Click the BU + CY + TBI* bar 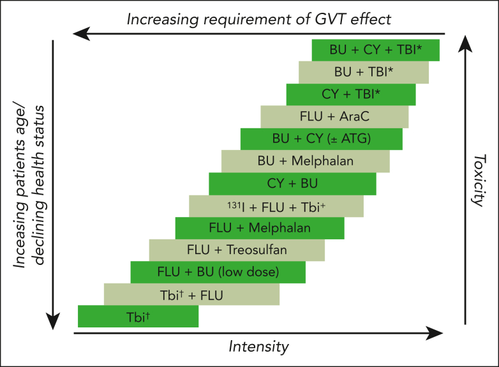[x=375, y=50]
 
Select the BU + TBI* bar [x=363, y=72]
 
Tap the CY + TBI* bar [x=351, y=94]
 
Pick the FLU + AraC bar [x=334, y=117]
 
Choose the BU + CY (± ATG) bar [x=321, y=139]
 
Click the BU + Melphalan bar [x=305, y=161]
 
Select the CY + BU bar [x=292, y=184]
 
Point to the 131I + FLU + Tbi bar [x=276, y=206]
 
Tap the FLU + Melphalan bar [x=260, y=228]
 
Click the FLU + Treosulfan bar [x=237, y=250]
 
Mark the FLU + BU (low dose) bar [x=218, y=273]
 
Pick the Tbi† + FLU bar [x=191, y=294]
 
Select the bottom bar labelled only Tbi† [x=138, y=317]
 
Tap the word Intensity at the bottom [x=258, y=347]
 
